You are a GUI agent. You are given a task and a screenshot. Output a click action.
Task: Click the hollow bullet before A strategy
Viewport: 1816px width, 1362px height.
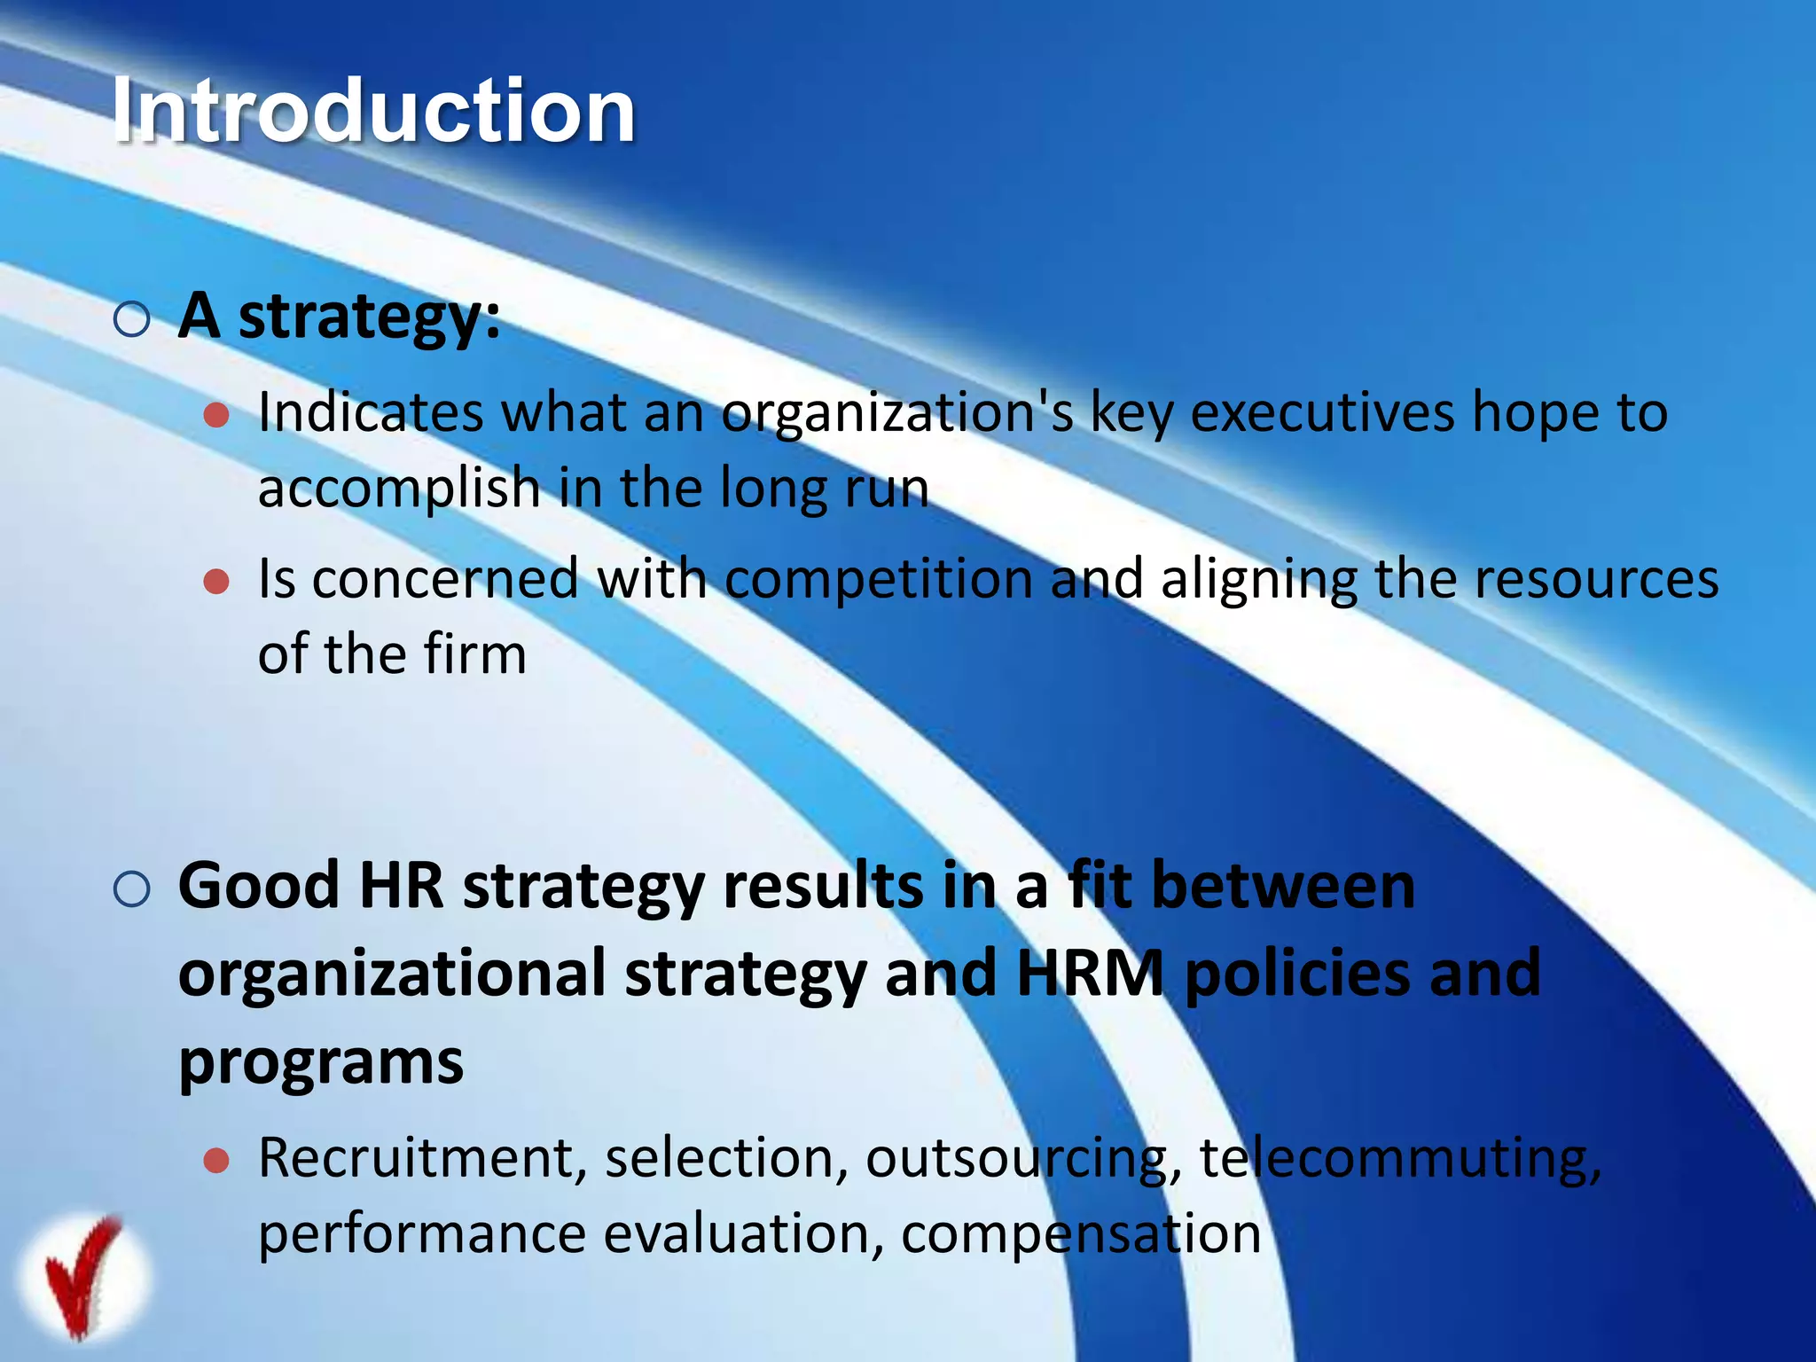click(132, 319)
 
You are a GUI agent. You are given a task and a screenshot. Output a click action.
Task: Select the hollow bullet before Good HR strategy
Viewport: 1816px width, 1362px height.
click(132, 888)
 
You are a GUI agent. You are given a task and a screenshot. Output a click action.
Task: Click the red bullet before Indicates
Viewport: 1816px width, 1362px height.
click(216, 414)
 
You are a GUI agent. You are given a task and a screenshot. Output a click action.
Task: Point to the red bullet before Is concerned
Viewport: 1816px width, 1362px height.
click(216, 582)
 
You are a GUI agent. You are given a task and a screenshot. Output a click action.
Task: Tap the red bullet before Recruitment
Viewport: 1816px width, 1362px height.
click(216, 1161)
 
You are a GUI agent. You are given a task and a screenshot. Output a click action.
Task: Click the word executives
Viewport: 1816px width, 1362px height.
click(1322, 413)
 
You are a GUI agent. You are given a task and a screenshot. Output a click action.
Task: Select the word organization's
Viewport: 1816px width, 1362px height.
click(896, 415)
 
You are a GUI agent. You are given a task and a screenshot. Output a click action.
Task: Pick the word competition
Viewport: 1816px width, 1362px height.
click(879, 581)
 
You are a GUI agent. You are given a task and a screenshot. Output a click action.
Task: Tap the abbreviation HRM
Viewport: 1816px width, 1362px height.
click(1090, 974)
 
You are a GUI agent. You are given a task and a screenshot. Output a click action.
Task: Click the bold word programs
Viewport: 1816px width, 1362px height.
click(321, 1062)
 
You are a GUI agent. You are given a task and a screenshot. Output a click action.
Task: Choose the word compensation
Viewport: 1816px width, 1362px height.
click(1081, 1234)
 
